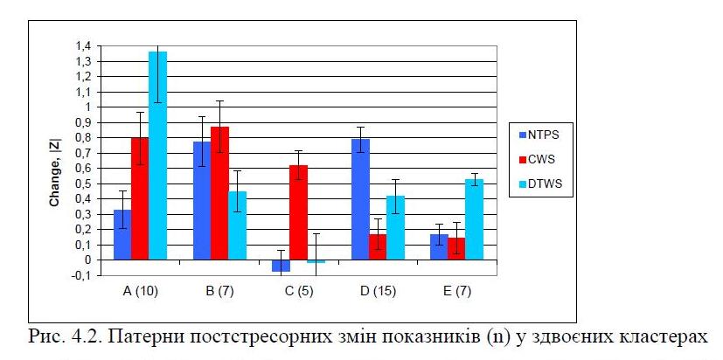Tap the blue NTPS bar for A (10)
(x=122, y=234)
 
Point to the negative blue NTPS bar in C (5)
(x=281, y=265)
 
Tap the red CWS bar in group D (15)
(x=377, y=246)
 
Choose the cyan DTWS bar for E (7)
(x=474, y=219)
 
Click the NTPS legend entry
(x=542, y=135)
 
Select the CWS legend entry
(x=540, y=160)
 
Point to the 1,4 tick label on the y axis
(x=81, y=45)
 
